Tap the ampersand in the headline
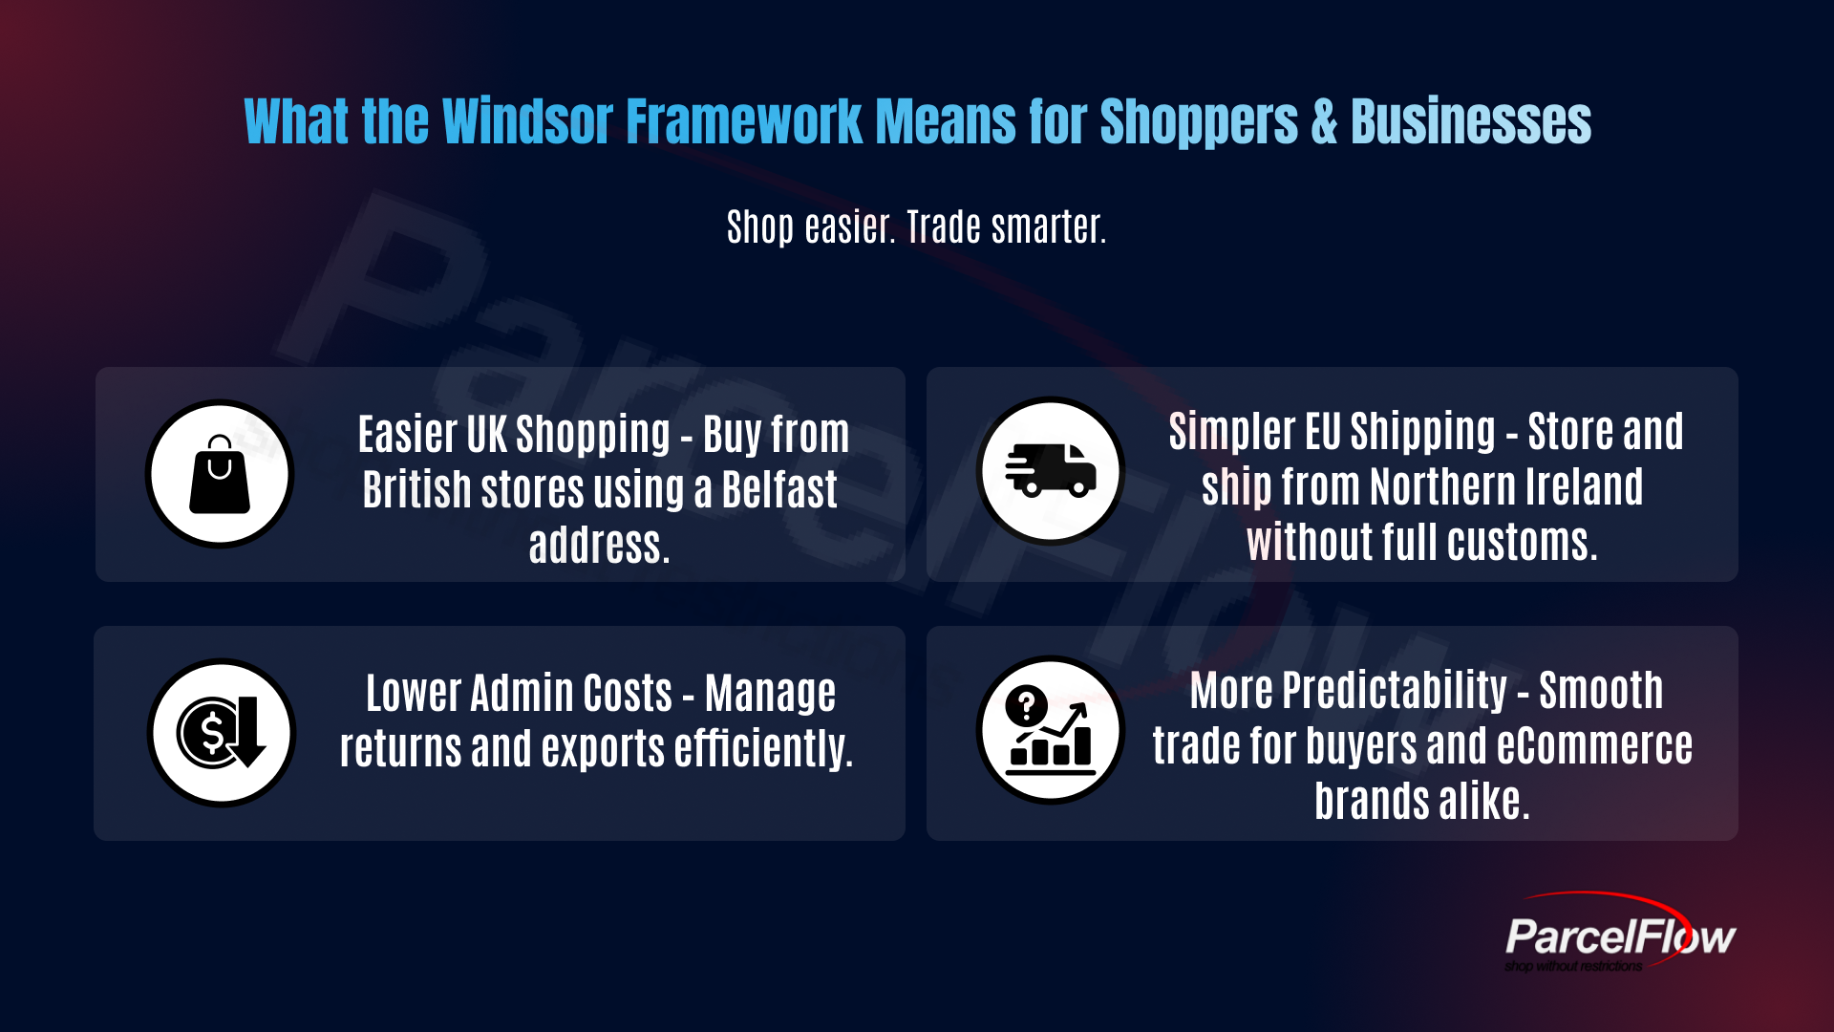click(1324, 122)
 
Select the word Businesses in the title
click(1471, 122)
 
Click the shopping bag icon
click(220, 474)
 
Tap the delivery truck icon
click(1051, 470)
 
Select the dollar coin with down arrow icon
click(222, 733)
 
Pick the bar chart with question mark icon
click(1051, 730)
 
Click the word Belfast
click(779, 490)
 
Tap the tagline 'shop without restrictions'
click(1573, 966)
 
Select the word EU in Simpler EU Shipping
click(1323, 432)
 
